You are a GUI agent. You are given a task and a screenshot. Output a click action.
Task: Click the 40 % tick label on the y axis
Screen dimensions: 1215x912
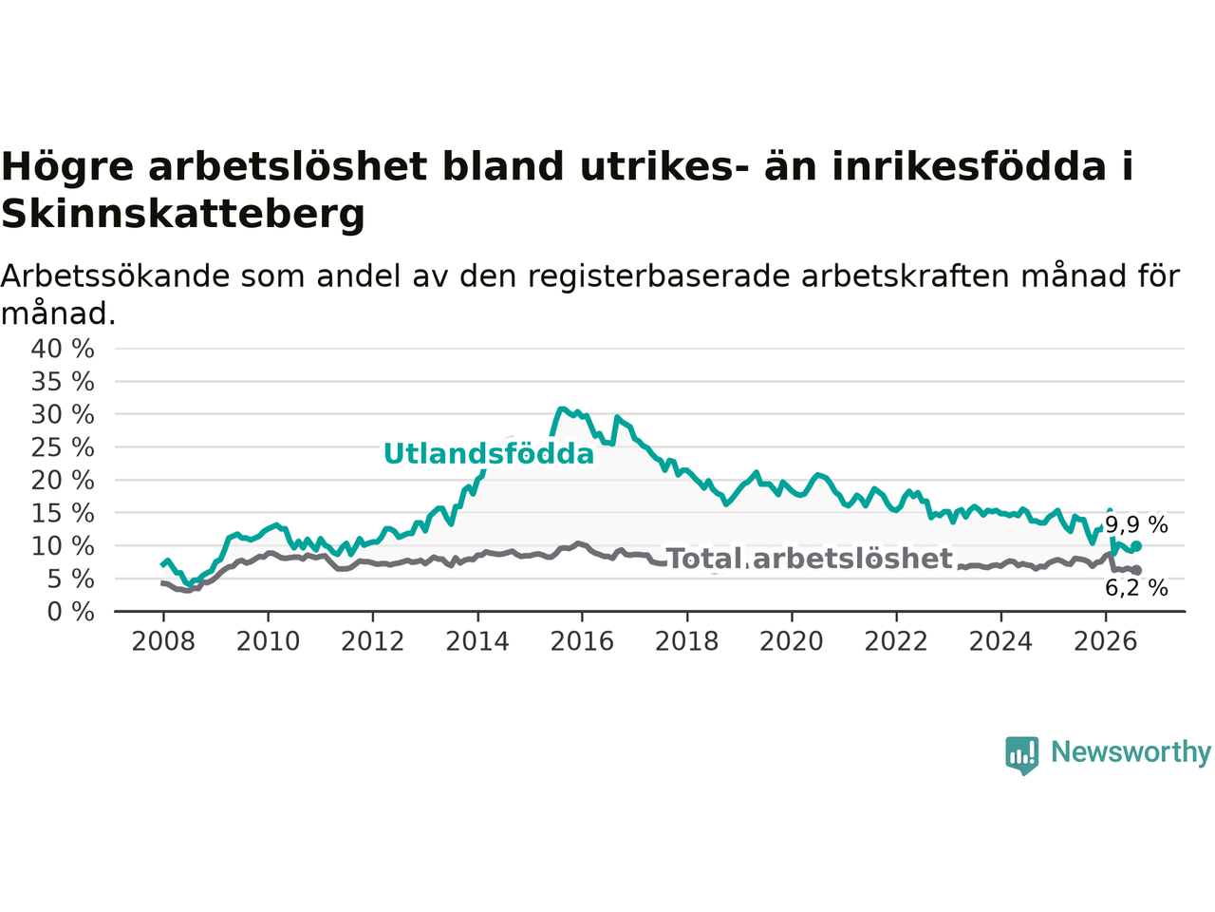point(63,350)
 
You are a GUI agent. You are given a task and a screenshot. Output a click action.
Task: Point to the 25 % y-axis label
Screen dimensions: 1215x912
point(63,447)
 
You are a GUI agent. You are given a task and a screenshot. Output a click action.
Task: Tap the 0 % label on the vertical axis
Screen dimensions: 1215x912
point(71,612)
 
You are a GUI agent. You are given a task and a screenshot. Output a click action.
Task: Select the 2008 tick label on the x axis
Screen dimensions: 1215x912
point(163,642)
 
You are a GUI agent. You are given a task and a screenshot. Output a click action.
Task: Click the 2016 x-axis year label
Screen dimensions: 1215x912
point(582,642)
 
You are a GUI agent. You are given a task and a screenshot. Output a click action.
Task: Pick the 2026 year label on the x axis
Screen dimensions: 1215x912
point(1106,642)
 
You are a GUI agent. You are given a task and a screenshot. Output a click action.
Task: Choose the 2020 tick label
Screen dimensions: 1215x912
point(792,642)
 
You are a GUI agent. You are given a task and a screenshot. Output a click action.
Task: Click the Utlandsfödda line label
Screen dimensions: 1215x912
point(489,454)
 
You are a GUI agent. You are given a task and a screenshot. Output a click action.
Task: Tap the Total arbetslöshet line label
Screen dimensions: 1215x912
point(810,559)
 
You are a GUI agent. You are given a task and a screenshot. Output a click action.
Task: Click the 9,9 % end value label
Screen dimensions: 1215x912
point(1136,524)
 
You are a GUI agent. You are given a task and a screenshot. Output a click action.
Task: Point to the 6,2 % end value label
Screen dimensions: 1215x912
point(1136,588)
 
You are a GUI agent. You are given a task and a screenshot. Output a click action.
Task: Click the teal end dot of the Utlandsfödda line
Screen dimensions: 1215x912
point(1136,546)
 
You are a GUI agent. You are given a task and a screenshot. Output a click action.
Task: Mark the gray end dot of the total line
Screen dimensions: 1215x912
point(1136,570)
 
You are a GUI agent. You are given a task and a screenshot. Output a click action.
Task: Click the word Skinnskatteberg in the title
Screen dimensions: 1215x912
point(183,215)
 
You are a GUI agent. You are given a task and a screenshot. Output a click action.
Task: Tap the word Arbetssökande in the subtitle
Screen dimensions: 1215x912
point(115,275)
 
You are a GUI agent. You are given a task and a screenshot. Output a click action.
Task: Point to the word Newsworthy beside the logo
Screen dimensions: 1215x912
point(1131,752)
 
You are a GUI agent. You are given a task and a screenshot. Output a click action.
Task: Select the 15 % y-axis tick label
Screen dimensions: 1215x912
point(63,513)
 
